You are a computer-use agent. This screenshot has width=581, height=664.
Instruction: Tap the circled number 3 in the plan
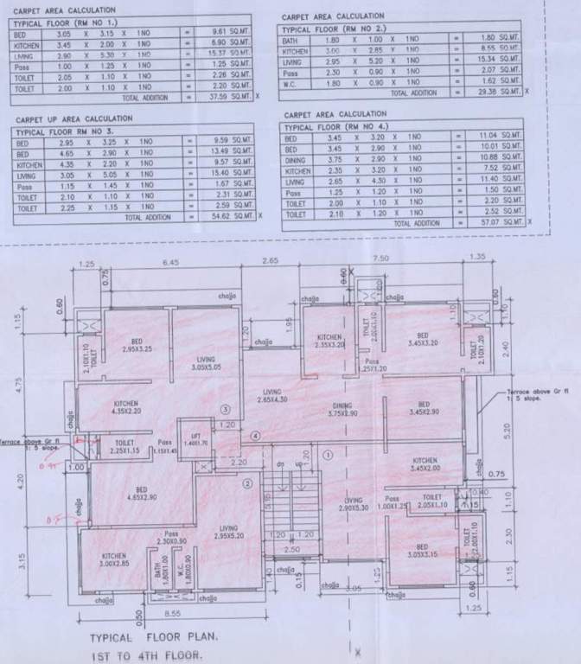click(226, 408)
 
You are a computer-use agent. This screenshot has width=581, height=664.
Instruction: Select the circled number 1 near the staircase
click(328, 452)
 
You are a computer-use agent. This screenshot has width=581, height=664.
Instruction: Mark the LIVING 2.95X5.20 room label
click(228, 531)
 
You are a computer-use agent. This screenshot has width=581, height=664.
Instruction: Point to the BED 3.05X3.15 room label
click(421, 551)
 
